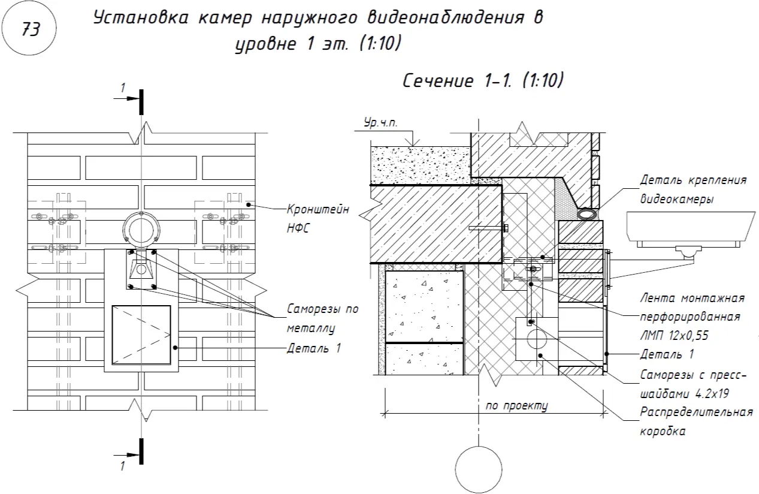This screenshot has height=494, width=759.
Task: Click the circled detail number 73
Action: click(31, 29)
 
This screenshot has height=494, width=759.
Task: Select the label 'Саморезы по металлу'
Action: click(322, 318)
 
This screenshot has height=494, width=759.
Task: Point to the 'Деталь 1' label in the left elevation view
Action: click(314, 348)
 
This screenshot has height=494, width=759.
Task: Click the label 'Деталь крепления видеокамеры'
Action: click(693, 189)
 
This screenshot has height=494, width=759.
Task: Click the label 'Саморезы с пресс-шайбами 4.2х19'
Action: click(693, 385)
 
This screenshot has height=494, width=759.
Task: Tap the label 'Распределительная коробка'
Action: click(696, 421)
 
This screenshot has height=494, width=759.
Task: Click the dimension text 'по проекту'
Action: click(517, 405)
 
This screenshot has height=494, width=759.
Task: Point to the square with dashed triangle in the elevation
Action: click(141, 335)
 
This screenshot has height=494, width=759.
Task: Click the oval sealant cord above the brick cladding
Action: click(588, 213)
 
